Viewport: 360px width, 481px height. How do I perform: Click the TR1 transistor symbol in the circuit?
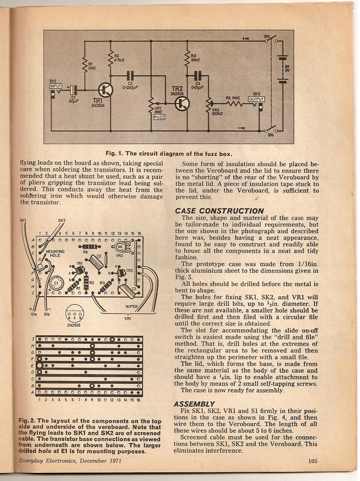106,90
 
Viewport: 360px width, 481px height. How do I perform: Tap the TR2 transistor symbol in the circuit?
182,103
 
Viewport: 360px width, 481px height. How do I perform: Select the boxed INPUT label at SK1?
55,86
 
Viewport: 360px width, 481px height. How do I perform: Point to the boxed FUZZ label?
159,117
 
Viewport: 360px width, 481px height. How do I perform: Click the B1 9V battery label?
287,68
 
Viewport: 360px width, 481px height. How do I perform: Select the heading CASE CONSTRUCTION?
219,211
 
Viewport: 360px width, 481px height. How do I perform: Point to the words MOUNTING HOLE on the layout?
55,254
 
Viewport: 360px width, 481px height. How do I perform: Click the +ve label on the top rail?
245,39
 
